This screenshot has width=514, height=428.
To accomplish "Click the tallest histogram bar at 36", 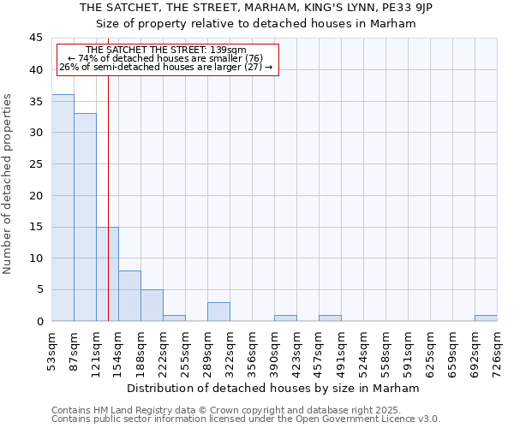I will coord(63,208).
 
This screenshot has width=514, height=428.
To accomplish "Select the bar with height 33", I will coord(85,217).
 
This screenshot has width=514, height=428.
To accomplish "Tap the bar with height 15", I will coord(107,274).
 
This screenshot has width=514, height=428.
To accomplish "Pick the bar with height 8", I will coord(129,296).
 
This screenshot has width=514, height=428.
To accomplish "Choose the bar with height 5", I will coord(152,306).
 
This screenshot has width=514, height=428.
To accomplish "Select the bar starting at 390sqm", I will coord(285,318).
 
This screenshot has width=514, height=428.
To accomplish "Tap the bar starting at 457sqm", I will coord(330,318).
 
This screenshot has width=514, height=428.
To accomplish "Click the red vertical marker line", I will coord(109,171).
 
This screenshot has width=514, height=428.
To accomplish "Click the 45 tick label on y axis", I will coord(35,39).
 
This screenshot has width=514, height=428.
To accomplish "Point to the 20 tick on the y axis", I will coord(35,195).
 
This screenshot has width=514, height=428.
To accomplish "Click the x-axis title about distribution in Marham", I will coord(278,388).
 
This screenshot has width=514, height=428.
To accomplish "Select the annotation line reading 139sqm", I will coord(166,51).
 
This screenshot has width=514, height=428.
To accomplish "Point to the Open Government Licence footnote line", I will coord(246,419).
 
